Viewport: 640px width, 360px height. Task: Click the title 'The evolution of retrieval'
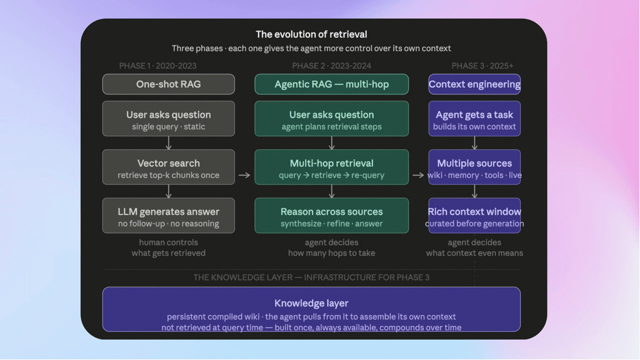point(311,34)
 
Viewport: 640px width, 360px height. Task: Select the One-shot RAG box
point(168,84)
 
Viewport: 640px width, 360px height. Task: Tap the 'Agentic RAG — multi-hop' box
point(331,84)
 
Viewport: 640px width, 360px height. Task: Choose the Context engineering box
point(474,84)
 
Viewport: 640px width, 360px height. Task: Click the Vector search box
point(168,167)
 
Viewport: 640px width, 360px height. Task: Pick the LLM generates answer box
point(168,215)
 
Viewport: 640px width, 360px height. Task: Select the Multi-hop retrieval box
point(331,167)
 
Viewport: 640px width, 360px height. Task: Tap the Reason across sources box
point(331,215)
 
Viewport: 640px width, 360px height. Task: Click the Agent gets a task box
point(474,118)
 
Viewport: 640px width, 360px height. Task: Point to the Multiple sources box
point(474,167)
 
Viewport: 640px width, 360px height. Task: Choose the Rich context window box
point(474,215)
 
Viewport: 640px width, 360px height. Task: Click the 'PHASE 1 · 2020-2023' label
point(157,66)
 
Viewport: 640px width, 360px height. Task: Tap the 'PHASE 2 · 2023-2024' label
point(331,66)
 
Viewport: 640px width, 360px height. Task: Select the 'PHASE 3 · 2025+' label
point(482,66)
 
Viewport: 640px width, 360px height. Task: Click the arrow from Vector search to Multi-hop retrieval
point(244,175)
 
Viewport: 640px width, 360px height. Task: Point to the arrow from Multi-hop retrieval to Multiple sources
point(418,175)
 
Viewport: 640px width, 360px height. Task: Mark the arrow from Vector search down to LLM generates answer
point(168,191)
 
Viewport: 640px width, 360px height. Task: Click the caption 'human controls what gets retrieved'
point(168,248)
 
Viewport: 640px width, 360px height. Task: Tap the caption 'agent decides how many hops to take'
point(331,248)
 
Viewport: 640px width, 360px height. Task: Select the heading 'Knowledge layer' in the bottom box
point(311,303)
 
